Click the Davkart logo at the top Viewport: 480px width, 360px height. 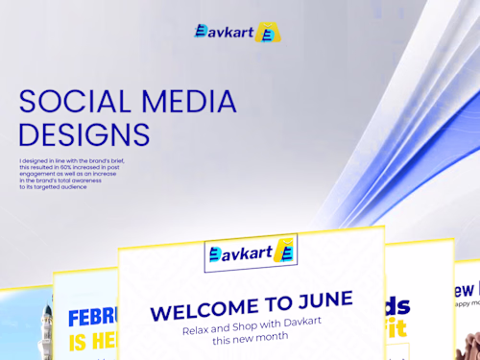coord(236,32)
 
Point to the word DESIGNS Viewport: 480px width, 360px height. coord(84,133)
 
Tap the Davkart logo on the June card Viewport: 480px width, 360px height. coord(251,253)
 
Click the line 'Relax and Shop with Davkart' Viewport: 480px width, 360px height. coord(252,327)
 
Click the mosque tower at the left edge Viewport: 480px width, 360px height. coord(46,331)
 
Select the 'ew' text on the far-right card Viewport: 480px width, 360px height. coord(465,290)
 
